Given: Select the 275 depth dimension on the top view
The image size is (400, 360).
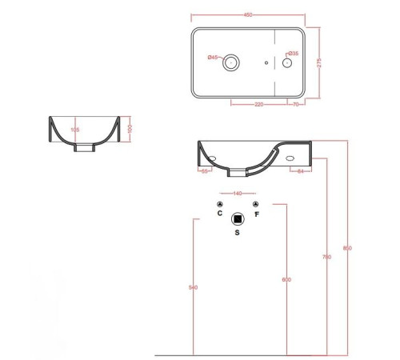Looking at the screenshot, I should pyautogui.click(x=320, y=63).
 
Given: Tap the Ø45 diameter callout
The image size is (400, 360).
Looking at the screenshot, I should pyautogui.click(x=213, y=57).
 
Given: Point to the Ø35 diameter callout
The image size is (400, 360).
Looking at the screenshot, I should pyautogui.click(x=294, y=54).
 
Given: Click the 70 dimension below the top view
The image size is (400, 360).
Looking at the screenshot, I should pyautogui.click(x=296, y=104).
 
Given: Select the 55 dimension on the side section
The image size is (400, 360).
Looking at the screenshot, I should pyautogui.click(x=205, y=171).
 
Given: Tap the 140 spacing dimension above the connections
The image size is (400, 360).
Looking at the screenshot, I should pyautogui.click(x=237, y=194).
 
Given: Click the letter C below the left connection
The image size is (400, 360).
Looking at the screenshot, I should pyautogui.click(x=220, y=214).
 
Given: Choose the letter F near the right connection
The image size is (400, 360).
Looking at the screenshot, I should pyautogui.click(x=256, y=214).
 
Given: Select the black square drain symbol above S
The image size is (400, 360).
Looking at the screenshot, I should pyautogui.click(x=237, y=218).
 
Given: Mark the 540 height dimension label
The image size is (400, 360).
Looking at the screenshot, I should pyautogui.click(x=194, y=286).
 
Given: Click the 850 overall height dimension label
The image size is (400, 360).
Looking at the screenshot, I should pyautogui.click(x=346, y=248).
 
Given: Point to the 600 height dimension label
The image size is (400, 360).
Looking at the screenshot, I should pyautogui.click(x=286, y=279).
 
